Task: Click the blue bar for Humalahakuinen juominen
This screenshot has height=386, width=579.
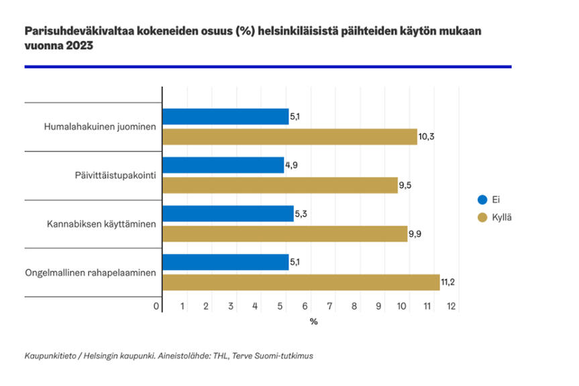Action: (225, 117)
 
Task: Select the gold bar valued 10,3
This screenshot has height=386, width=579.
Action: (289, 137)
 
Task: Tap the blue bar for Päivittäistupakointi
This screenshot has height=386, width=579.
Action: (223, 166)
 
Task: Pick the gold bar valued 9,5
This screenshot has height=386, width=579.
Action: (280, 186)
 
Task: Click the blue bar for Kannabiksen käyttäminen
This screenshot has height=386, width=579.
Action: (228, 214)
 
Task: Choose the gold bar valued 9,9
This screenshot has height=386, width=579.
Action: (284, 234)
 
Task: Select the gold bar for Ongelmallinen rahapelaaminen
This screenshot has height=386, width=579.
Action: (301, 283)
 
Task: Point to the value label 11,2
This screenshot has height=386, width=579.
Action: (449, 283)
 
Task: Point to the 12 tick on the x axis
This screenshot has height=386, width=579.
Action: (452, 306)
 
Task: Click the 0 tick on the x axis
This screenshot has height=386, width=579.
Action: (156, 306)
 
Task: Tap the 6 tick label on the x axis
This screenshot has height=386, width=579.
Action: (305, 306)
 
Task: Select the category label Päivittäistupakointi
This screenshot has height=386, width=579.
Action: (115, 176)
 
